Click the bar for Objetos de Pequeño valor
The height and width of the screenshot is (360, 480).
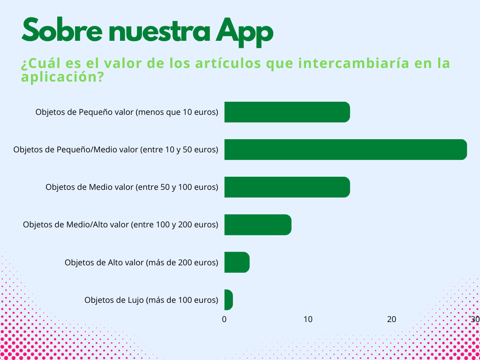tap(287, 112)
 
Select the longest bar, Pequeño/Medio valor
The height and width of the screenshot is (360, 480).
tap(345, 150)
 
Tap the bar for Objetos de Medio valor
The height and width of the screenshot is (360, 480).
tap(287, 187)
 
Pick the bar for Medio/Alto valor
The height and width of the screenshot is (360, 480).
tap(258, 225)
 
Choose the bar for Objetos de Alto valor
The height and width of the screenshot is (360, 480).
tap(237, 262)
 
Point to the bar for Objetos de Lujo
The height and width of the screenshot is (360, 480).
tap(229, 300)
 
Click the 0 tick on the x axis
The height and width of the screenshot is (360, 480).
tap(225, 319)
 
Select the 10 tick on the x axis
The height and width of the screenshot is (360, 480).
tap(307, 319)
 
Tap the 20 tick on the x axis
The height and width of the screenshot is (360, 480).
tap(391, 319)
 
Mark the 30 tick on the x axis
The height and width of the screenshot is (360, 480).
tap(475, 319)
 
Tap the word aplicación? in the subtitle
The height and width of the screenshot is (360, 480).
tap(62, 77)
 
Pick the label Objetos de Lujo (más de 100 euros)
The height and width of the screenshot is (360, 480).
tap(151, 300)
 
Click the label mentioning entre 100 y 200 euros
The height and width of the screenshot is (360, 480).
tap(120, 225)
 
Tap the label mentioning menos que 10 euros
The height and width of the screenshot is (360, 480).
tap(127, 112)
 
